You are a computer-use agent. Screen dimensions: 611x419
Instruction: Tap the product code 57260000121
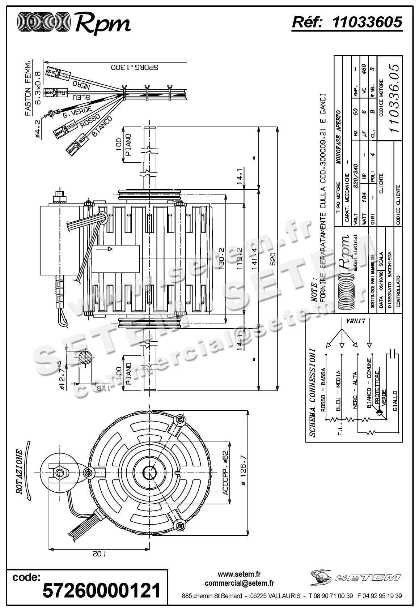101,591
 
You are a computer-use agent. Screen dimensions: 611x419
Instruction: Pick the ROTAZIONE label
19,472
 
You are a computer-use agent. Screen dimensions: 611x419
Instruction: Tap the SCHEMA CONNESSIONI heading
313,392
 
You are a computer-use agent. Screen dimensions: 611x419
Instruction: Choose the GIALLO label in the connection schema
395,400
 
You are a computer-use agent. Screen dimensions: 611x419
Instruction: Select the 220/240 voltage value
356,174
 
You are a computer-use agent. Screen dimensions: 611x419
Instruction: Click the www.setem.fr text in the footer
239,574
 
